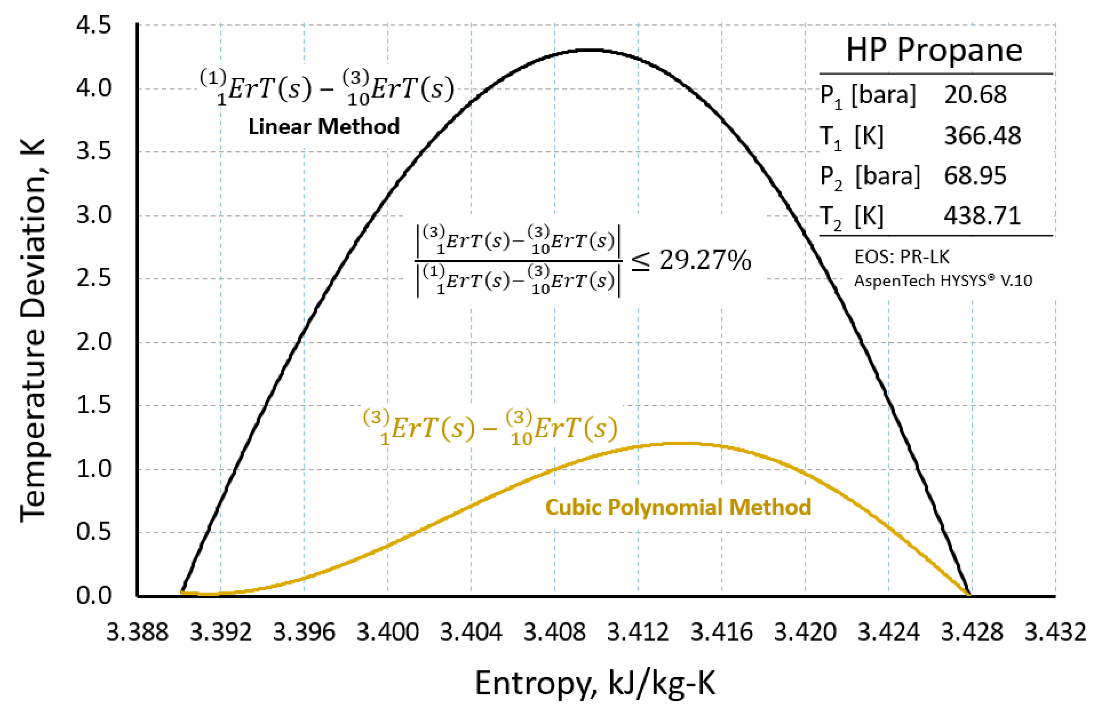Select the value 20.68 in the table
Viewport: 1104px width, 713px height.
pyautogui.click(x=975, y=95)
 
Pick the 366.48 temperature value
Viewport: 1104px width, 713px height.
pyautogui.click(x=982, y=136)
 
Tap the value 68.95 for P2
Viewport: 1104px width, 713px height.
pyautogui.click(x=975, y=176)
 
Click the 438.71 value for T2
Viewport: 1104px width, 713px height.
pyautogui.click(x=982, y=216)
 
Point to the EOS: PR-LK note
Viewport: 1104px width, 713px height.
pyautogui.click(x=901, y=257)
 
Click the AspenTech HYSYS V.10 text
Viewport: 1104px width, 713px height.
pyautogui.click(x=943, y=281)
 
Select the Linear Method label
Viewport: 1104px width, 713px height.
pyautogui.click(x=324, y=126)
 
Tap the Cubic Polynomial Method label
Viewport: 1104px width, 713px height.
pyautogui.click(x=678, y=507)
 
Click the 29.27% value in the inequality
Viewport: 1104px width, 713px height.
pyautogui.click(x=704, y=260)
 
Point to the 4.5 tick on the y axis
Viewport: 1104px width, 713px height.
pyautogui.click(x=94, y=25)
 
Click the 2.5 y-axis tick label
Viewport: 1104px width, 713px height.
pyautogui.click(x=94, y=279)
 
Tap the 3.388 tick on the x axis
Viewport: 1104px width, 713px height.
pyautogui.click(x=137, y=632)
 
